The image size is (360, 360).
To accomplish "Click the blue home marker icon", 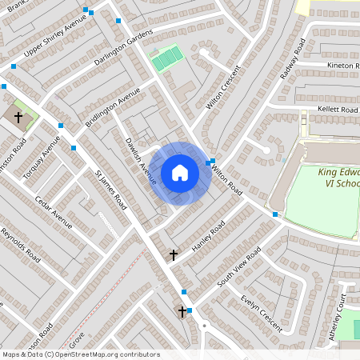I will pos(180,173).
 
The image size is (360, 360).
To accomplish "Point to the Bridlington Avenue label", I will pos(107,114).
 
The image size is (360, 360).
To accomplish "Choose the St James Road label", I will pos(111,190).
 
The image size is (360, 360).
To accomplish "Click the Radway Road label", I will pos(289,62).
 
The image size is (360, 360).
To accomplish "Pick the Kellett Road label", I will pos(337,109).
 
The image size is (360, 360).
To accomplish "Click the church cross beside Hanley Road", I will pos(173,255).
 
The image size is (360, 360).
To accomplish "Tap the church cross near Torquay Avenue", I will pos(18,117).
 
